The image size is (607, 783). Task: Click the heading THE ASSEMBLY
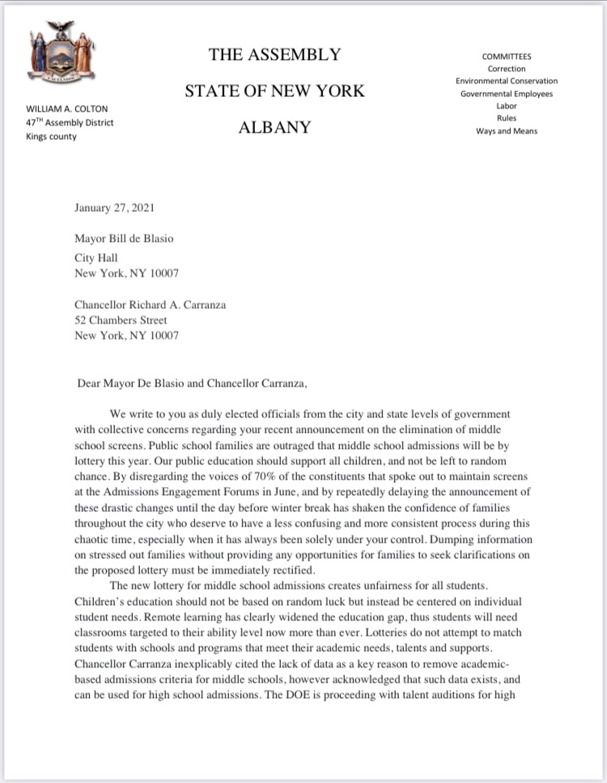coord(274,55)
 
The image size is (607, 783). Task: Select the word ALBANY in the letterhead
coord(274,127)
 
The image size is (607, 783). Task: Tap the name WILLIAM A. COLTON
coord(67,108)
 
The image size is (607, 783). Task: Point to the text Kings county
coord(52,137)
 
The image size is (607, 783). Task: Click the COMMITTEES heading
coord(507,57)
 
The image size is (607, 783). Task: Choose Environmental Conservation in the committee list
coord(507,81)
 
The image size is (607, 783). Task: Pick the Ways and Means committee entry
coord(507,131)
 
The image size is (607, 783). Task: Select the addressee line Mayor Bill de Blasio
coord(124,238)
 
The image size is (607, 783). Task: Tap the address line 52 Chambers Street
coord(121,320)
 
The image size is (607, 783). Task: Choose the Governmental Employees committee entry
coord(507,94)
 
